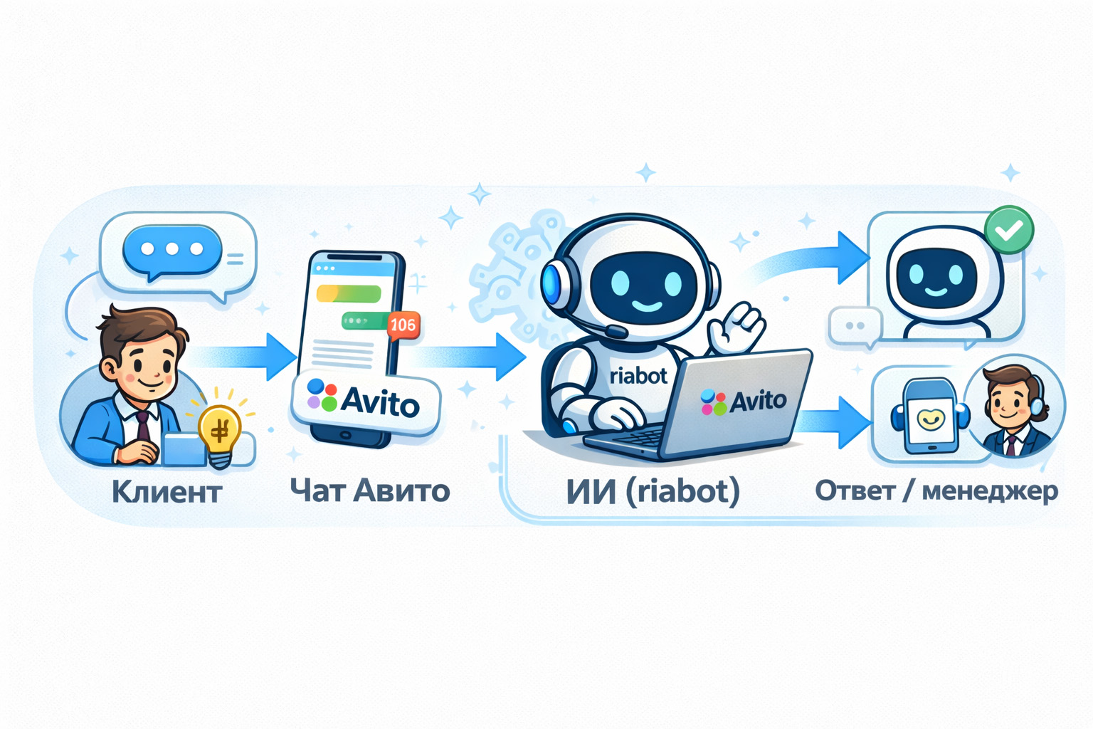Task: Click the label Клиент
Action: click(167, 492)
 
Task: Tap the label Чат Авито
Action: click(370, 491)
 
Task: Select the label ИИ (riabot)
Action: click(653, 491)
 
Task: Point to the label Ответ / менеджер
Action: click(936, 491)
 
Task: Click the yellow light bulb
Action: click(220, 431)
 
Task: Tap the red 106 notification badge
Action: click(403, 325)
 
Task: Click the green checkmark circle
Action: click(1008, 229)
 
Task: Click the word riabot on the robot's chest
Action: click(638, 375)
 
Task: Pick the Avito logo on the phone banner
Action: click(364, 400)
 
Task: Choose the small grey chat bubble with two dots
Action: click(855, 326)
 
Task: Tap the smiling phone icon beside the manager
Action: click(929, 419)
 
